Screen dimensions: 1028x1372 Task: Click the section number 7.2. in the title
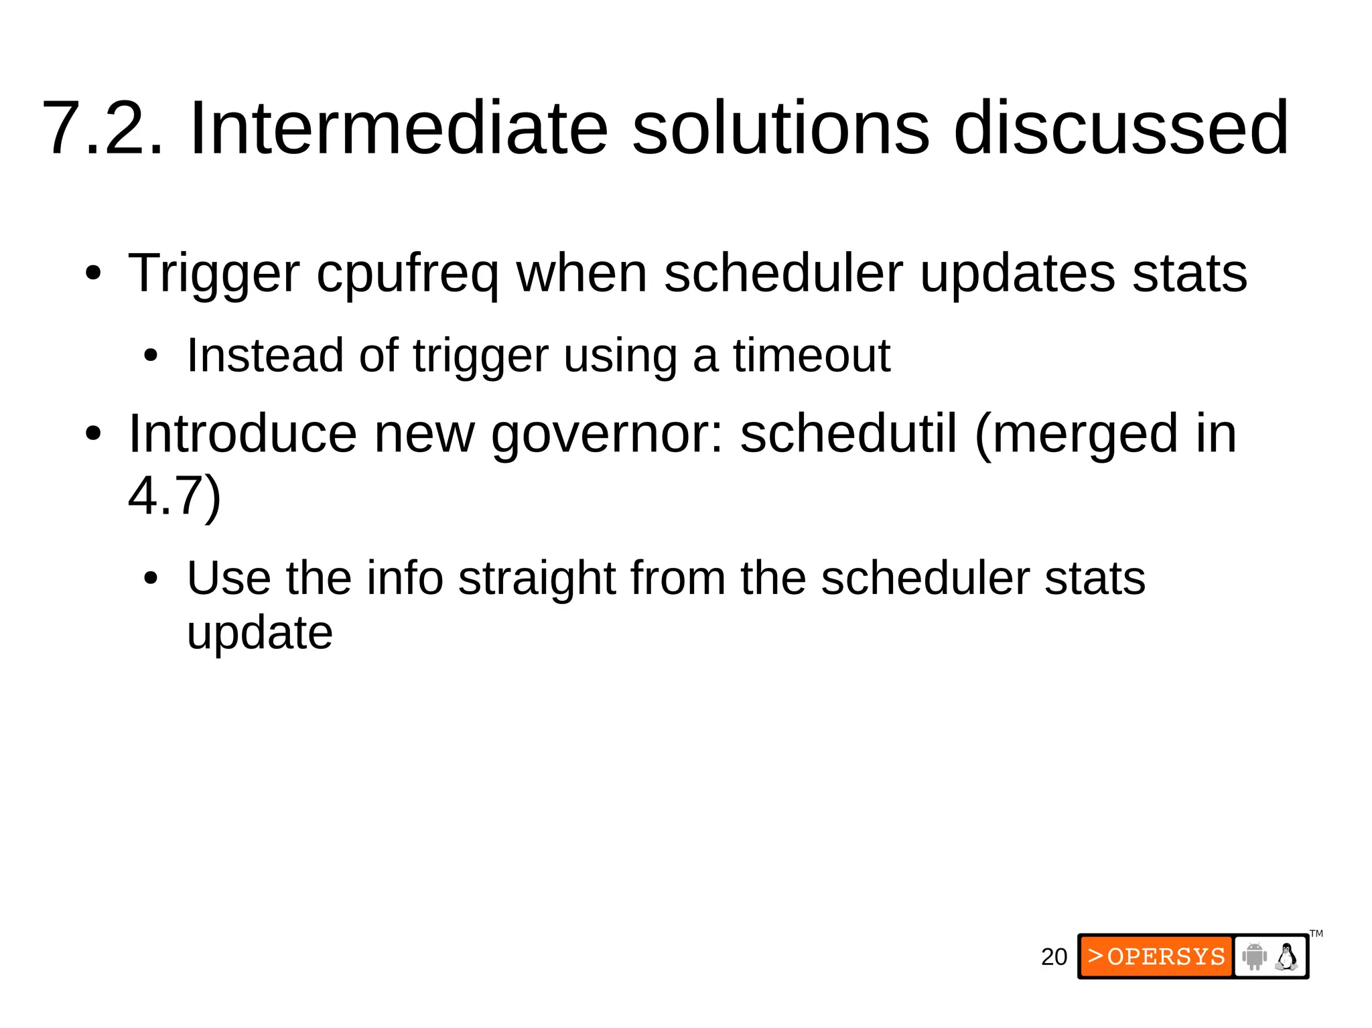point(102,128)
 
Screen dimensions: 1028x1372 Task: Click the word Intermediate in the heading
point(399,128)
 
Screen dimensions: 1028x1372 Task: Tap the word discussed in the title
point(1120,128)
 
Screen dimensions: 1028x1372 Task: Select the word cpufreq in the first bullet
point(407,275)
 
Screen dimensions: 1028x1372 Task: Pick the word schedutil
point(848,434)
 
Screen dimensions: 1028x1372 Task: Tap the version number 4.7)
point(174,497)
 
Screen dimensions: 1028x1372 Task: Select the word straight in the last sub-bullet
point(537,578)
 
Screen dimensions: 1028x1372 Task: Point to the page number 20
point(1054,957)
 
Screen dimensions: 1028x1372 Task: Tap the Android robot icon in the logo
point(1253,956)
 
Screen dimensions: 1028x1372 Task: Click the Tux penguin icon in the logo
point(1286,956)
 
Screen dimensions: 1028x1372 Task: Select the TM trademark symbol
point(1316,934)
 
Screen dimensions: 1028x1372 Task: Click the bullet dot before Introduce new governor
point(93,434)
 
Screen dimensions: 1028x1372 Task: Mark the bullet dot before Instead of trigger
point(151,356)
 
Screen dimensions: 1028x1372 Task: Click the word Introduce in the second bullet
point(243,434)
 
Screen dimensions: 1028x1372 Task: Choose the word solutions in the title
point(780,128)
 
